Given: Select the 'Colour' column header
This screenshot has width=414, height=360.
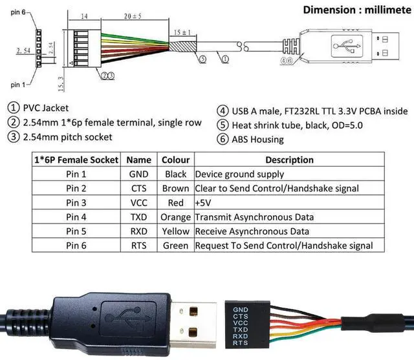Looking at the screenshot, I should coord(175,160).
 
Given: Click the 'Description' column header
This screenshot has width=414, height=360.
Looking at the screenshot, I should coord(289,160).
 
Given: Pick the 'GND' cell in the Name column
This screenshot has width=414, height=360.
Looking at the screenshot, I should coord(138,174).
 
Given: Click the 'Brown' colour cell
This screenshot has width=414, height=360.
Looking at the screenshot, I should coord(175,188).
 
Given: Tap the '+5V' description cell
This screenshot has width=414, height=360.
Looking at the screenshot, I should coord(205,202).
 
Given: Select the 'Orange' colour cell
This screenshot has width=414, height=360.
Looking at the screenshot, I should coord(175,217).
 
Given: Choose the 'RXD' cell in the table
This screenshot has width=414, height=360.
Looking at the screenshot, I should coord(138,231).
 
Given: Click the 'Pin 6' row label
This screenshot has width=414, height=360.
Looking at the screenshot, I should coord(76,246).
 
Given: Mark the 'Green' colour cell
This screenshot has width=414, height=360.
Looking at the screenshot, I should coord(175,246).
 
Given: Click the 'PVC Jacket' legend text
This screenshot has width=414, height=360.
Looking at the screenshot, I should coord(45,108).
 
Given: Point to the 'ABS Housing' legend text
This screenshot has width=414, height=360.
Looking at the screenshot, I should coord(257,139).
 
